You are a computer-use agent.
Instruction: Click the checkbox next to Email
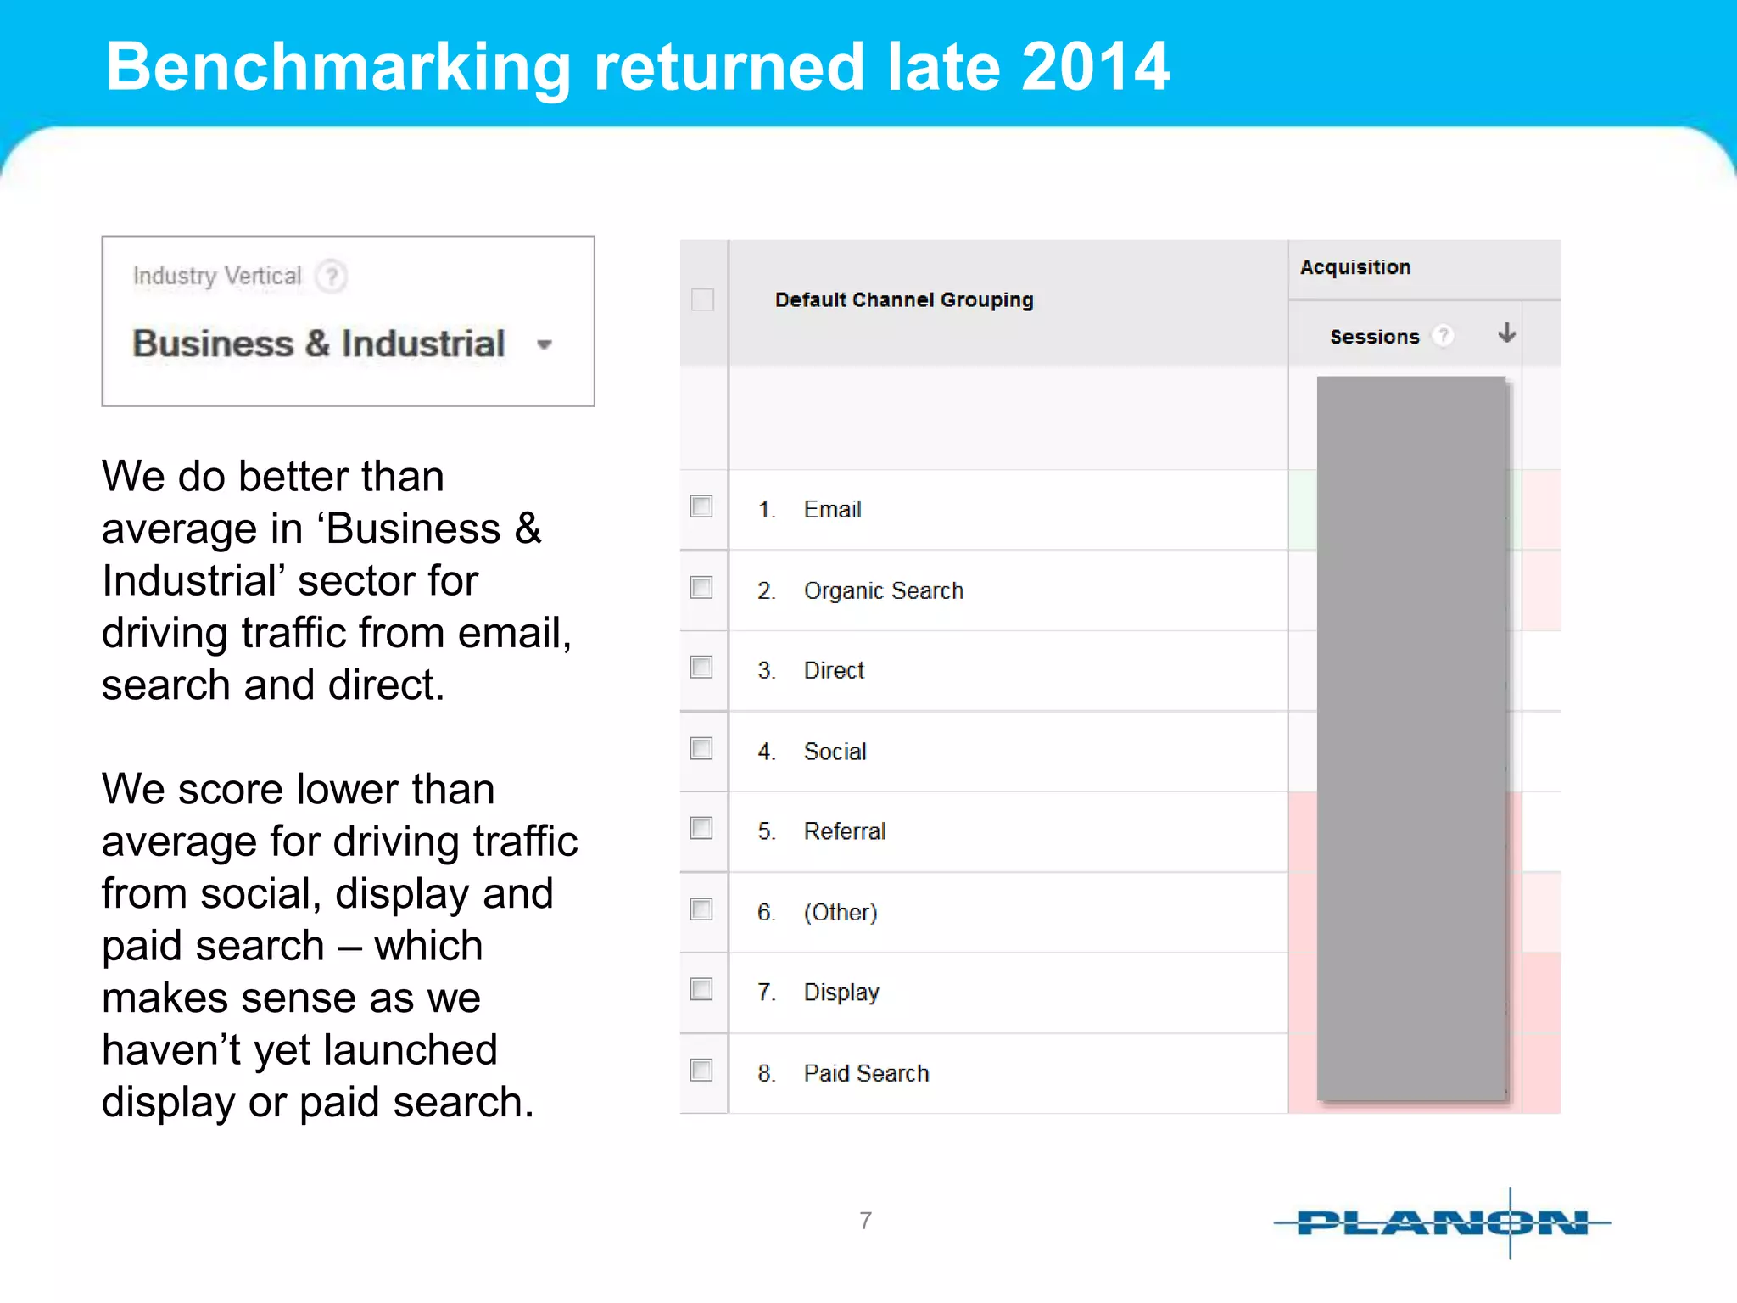coord(701,506)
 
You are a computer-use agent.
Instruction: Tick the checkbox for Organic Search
coord(701,587)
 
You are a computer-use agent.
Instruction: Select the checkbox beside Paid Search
coord(701,1070)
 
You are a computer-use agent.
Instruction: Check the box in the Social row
coord(701,748)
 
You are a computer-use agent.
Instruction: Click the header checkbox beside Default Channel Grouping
coord(702,299)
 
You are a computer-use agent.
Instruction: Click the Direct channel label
coord(834,670)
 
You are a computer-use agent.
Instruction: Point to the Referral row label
coord(845,831)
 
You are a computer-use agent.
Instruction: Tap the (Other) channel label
coord(841,912)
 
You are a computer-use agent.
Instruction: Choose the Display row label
coord(841,992)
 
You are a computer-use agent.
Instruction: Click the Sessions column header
coord(1374,337)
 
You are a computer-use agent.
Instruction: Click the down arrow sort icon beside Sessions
coord(1507,333)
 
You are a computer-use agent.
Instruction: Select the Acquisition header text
coord(1355,267)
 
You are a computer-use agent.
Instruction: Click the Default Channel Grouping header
coord(904,299)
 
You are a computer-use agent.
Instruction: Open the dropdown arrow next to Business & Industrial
coord(545,344)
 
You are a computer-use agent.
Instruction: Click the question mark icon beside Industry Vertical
coord(332,276)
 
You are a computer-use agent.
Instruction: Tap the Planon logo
coord(1442,1222)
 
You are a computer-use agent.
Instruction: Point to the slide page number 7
coord(865,1220)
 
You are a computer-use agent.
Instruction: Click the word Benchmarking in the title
coord(338,68)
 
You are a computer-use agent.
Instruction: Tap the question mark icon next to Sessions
coord(1443,336)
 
